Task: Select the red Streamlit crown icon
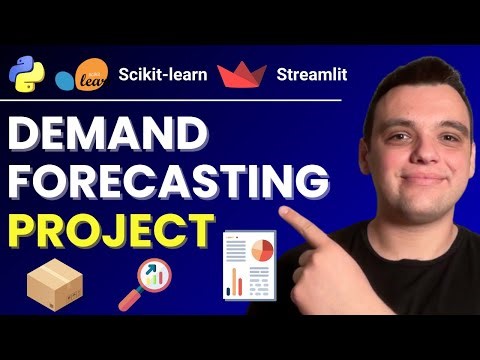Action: coord(239,74)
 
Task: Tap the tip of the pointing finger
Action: coord(287,214)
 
